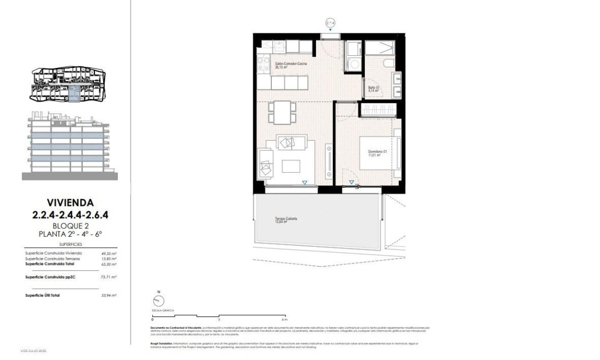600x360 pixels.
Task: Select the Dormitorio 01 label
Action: click(378, 153)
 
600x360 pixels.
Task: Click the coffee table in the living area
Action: click(290, 166)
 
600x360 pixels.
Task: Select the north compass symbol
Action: click(158, 299)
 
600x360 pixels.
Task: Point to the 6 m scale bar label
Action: click(285, 320)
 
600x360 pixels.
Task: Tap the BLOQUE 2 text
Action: click(71, 225)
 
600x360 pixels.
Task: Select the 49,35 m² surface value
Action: click(108, 254)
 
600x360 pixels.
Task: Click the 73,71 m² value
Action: click(108, 277)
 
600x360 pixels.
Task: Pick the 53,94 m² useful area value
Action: click(108, 295)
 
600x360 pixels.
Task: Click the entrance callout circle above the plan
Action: click(331, 23)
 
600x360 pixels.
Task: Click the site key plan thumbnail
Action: click(68, 85)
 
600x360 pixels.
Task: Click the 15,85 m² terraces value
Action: click(108, 259)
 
